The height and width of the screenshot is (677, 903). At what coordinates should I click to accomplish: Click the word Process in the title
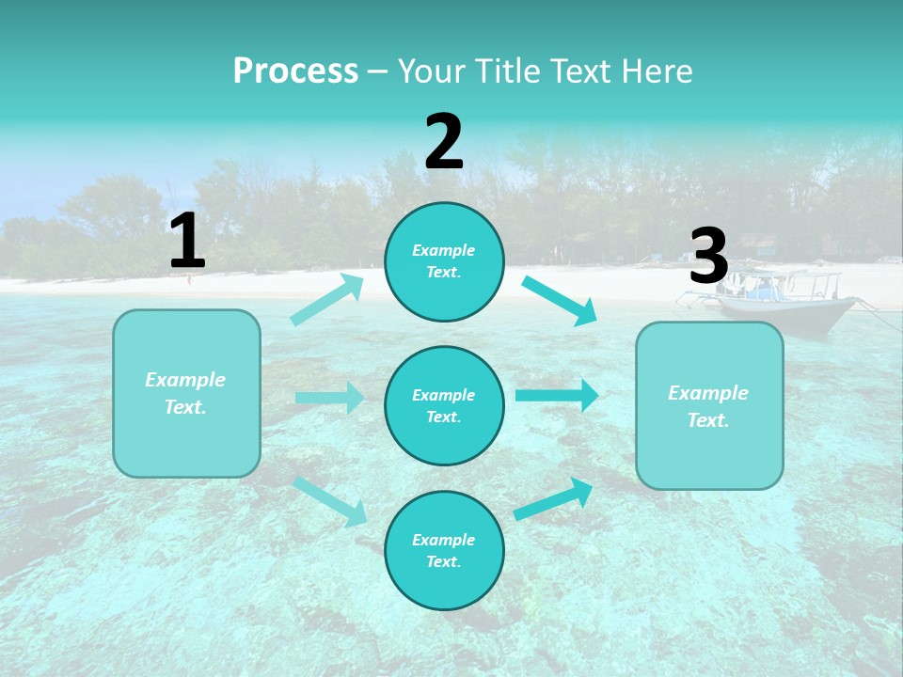[x=295, y=71]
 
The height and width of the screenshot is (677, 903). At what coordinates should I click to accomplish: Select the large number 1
[x=187, y=242]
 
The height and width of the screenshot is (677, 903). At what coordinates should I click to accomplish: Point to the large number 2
[x=444, y=142]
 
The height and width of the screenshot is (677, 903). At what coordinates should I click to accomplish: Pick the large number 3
[x=708, y=257]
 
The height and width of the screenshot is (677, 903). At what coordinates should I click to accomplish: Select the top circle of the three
[x=444, y=261]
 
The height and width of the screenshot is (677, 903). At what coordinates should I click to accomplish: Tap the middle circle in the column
[x=444, y=405]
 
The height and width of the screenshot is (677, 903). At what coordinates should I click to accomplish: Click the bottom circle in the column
[x=444, y=550]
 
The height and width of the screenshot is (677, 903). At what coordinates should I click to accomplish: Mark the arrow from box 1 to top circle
[x=327, y=300]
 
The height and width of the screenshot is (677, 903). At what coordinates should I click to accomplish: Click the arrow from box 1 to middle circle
[x=330, y=398]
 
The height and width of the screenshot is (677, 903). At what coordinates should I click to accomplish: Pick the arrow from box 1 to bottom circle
[x=331, y=500]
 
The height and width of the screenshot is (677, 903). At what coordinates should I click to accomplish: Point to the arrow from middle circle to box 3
[x=557, y=395]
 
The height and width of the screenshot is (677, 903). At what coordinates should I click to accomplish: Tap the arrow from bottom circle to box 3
[x=554, y=498]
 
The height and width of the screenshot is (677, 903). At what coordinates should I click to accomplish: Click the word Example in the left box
[x=185, y=380]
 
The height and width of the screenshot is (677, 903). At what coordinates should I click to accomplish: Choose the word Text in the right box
[x=708, y=420]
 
